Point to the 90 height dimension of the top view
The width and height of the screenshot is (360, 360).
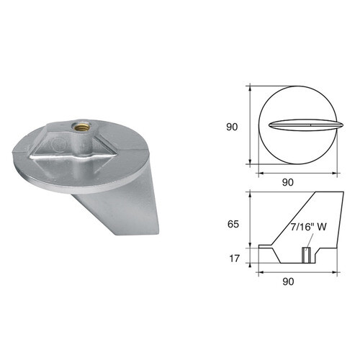(232, 126)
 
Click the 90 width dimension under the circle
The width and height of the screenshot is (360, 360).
(288, 182)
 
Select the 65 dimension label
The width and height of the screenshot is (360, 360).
(232, 224)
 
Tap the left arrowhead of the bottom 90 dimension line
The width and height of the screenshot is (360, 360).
(261, 273)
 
